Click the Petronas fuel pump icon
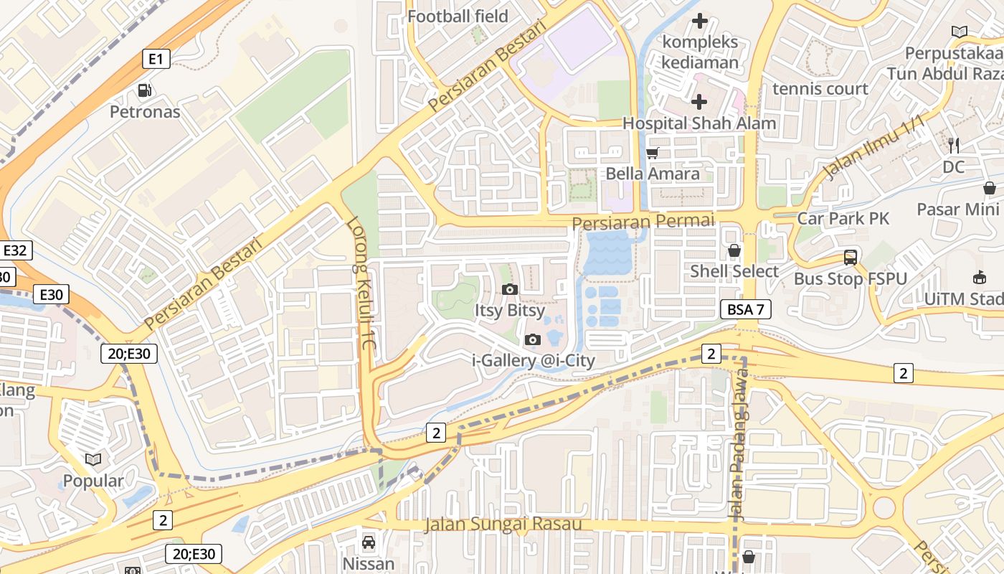pos(145,90)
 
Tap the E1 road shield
pos(156,59)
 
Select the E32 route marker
pos(15,250)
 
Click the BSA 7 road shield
pos(745,310)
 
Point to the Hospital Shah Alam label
pos(699,123)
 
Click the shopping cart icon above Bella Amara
pos(652,153)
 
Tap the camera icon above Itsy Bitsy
pos(510,289)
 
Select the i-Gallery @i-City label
pos(534,360)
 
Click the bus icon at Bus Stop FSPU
pos(851,258)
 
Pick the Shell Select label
pos(734,271)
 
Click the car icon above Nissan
pos(369,542)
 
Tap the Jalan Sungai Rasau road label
pos(503,524)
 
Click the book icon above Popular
pos(93,459)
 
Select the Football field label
pos(458,16)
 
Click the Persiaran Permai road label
pos(643,222)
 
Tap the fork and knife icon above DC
pos(954,145)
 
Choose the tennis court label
pos(820,89)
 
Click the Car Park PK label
pos(843,218)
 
